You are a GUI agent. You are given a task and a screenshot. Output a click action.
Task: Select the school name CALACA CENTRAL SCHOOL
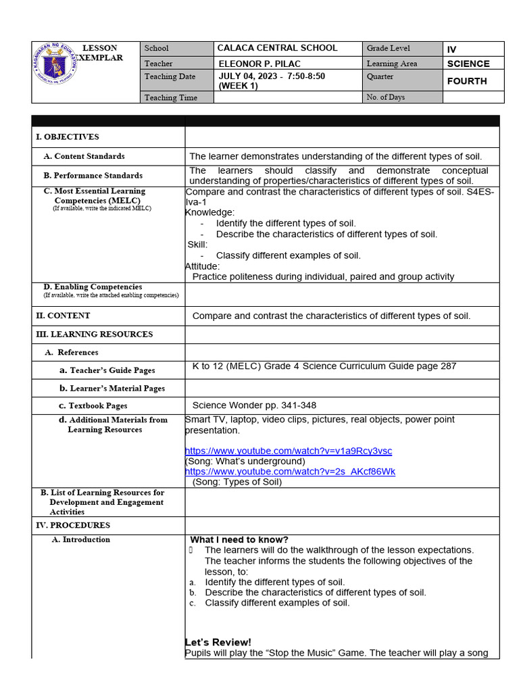coord(277,48)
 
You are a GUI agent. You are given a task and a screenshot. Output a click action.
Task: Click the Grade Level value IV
coord(452,49)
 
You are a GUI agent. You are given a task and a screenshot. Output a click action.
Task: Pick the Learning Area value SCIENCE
coord(468,64)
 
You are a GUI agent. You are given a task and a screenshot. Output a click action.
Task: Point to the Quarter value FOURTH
coord(466,81)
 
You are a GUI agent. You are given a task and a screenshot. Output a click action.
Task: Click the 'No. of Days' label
coord(386,97)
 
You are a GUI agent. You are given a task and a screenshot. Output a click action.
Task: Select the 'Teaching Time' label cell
coord(171,97)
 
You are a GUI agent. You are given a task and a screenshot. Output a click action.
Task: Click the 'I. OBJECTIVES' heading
coord(68,137)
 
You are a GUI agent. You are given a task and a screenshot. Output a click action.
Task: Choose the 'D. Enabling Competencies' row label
coord(93,287)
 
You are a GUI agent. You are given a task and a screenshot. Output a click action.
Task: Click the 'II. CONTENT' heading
coord(63,316)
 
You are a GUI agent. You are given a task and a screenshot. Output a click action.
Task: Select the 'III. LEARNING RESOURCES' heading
coord(95,335)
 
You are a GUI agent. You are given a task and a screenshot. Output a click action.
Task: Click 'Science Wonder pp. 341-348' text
coord(254,405)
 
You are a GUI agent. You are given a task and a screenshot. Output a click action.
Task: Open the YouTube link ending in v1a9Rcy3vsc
coord(289,451)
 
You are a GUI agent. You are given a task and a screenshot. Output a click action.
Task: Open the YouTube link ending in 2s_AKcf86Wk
coord(290,472)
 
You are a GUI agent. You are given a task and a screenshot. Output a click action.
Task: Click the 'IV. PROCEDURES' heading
coord(73,525)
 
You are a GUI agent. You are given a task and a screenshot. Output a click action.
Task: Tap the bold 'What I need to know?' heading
coord(239,539)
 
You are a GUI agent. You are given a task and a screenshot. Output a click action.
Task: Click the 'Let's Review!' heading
coord(218,642)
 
